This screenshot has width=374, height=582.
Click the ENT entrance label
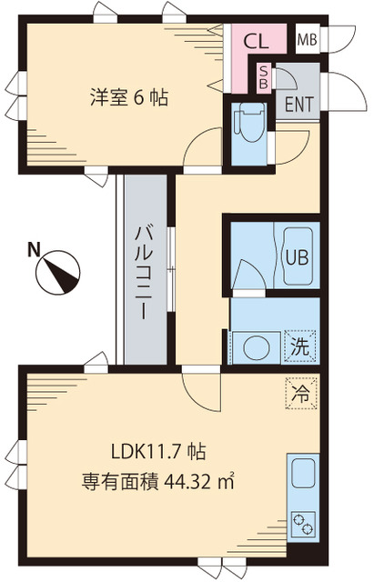299,102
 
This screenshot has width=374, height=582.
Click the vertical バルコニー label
145,268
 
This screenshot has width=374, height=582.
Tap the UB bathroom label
297,256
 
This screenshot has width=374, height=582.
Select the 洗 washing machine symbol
299,346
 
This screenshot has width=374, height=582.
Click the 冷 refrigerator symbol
300,394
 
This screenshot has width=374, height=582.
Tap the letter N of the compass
33,248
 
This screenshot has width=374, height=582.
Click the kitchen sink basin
301,476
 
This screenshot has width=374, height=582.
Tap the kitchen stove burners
301,525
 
